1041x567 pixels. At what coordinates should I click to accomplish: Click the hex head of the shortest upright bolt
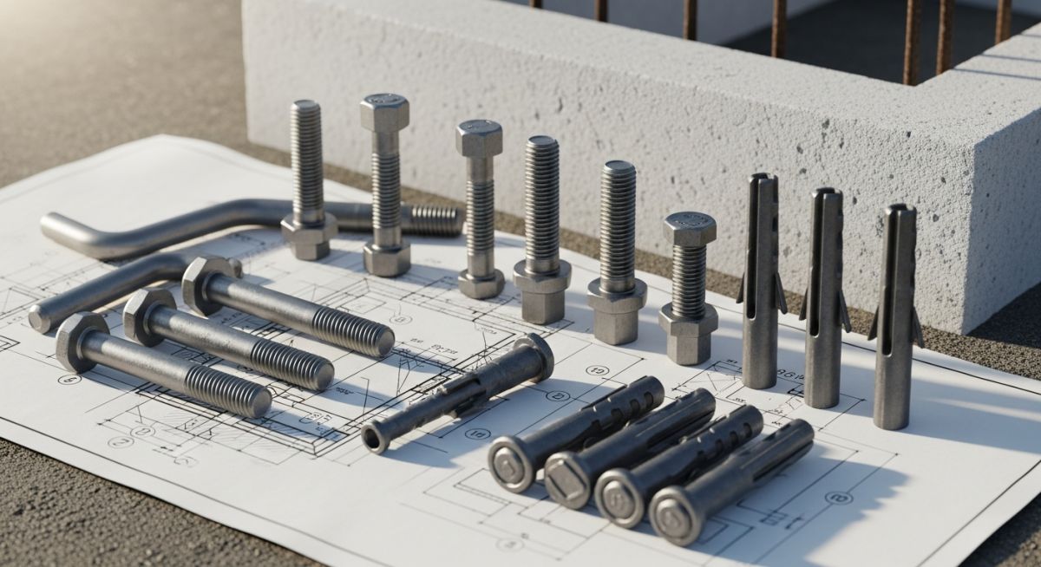pyautogui.click(x=690, y=228)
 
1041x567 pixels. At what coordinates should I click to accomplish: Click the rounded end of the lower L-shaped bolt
pyautogui.click(x=40, y=320)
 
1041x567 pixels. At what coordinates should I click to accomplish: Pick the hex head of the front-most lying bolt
pyautogui.click(x=81, y=342)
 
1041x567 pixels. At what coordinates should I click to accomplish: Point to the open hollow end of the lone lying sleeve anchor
pyautogui.click(x=375, y=439)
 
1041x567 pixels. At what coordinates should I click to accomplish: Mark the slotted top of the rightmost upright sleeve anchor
pyautogui.click(x=896, y=213)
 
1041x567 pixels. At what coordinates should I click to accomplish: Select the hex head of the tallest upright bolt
pyautogui.click(x=384, y=112)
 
